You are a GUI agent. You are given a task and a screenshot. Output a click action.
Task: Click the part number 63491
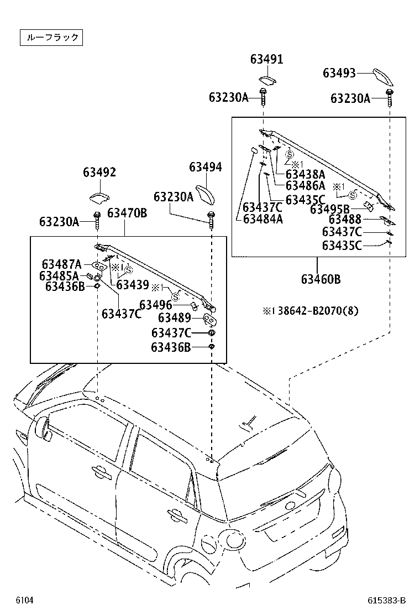coord(266,60)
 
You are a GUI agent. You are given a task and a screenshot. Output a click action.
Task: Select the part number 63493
coord(339,73)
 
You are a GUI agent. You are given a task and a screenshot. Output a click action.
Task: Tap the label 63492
coord(99,173)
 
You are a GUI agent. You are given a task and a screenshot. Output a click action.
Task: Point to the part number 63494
coord(206,167)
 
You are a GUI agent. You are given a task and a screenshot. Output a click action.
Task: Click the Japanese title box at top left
coord(51,38)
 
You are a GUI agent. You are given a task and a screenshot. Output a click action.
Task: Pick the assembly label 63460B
coord(321,279)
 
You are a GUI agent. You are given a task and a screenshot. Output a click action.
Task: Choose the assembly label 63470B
coord(127,213)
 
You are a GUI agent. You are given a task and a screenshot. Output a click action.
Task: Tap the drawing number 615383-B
coord(386,600)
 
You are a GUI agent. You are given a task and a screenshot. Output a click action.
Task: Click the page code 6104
coord(24,600)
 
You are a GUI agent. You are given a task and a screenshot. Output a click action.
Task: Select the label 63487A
coord(61,264)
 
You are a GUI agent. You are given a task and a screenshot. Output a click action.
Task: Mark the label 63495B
coord(330,209)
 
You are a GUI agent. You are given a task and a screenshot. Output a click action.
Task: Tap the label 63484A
coord(263,218)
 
